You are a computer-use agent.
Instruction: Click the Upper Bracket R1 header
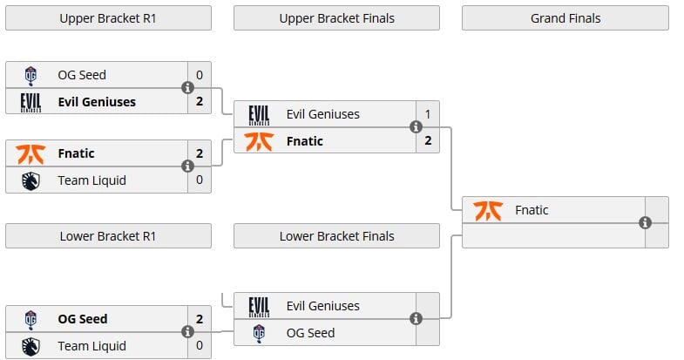pyautogui.click(x=108, y=18)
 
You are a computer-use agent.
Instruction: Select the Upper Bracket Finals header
pyautogui.click(x=336, y=18)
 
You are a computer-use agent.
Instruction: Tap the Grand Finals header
pyautogui.click(x=565, y=18)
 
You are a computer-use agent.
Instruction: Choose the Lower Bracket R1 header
pyautogui.click(x=108, y=236)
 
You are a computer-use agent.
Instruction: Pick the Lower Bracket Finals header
pyautogui.click(x=336, y=236)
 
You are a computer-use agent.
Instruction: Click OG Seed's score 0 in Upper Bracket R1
pyautogui.click(x=199, y=75)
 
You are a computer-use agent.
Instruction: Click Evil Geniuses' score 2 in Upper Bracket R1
pyautogui.click(x=199, y=102)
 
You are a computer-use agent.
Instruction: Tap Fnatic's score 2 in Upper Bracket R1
pyautogui.click(x=199, y=153)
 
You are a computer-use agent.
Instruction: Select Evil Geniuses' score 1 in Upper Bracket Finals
pyautogui.click(x=427, y=114)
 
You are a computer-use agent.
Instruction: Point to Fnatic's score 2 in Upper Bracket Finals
pyautogui.click(x=427, y=141)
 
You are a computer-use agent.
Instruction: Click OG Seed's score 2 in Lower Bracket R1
pyautogui.click(x=199, y=319)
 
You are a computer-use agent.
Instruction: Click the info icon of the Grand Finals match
pyautogui.click(x=645, y=222)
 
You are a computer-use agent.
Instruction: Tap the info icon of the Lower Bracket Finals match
pyautogui.click(x=416, y=319)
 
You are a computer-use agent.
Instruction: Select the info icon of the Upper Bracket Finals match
pyautogui.click(x=416, y=127)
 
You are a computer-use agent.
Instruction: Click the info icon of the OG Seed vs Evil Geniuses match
pyautogui.click(x=187, y=88)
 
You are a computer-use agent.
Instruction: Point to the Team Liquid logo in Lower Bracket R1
pyautogui.click(x=30, y=346)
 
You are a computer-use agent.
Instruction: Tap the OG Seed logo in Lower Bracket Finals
pyautogui.click(x=259, y=333)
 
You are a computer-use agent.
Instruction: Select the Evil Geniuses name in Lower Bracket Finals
pyautogui.click(x=322, y=306)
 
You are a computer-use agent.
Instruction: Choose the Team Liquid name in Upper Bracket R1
pyautogui.click(x=91, y=180)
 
